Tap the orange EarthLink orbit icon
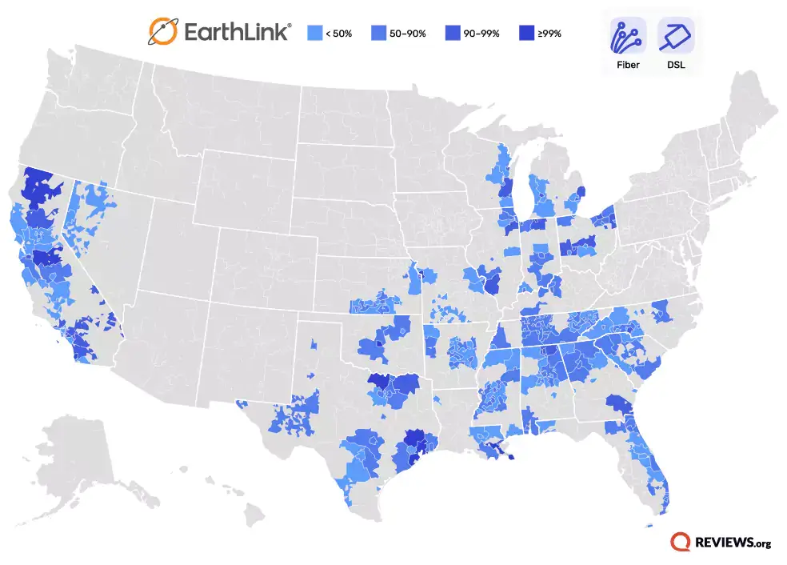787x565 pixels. [x=163, y=32]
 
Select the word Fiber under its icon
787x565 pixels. [x=628, y=65]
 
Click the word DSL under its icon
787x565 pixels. [x=676, y=65]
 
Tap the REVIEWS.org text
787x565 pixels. [x=734, y=543]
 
